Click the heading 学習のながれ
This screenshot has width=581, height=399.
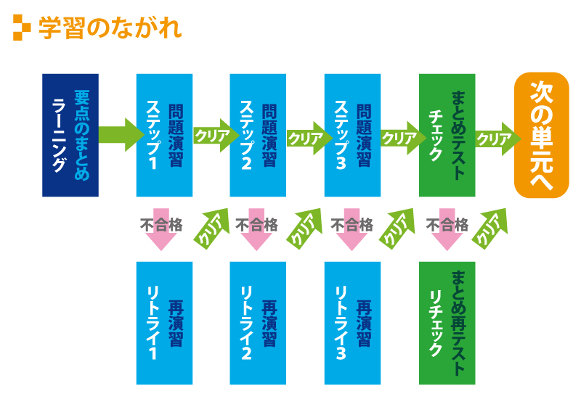pos(110,28)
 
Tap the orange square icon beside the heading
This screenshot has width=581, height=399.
pos(22,28)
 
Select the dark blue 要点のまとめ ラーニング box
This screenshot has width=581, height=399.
pos(70,135)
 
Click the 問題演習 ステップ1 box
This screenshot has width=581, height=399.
pos(165,135)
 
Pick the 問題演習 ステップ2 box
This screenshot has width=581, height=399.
pos(258,135)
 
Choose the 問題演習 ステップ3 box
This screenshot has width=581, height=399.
pos(352,135)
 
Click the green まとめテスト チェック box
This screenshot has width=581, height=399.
pos(447,135)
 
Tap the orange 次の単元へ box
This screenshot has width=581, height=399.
pos(542,135)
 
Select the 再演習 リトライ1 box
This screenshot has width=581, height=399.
pos(165,323)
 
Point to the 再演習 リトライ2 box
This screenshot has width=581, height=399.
pos(258,323)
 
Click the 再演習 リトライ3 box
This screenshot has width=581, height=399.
pos(352,323)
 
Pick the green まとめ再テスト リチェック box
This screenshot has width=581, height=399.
pos(447,323)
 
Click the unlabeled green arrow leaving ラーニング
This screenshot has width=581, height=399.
pos(121,135)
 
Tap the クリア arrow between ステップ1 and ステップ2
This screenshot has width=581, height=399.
pos(216,136)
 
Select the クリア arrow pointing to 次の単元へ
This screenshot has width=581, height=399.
pos(498,139)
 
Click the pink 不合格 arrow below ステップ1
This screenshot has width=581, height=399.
pos(161,229)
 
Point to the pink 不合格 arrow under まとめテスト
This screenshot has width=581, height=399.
pos(447,229)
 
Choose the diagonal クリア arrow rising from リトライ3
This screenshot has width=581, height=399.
pos(397,229)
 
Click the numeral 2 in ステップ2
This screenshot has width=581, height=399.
pos(246,163)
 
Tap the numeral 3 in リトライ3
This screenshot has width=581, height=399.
pos(341,353)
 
